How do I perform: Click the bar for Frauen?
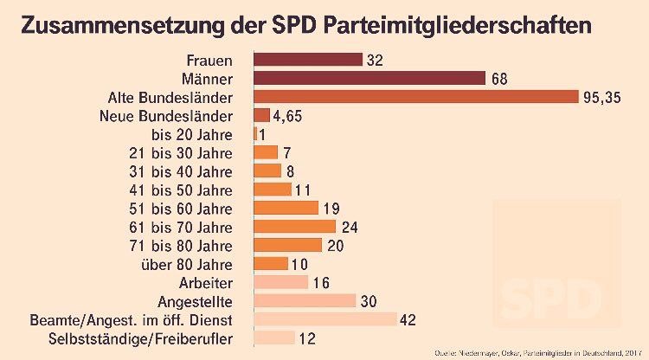click(307, 60)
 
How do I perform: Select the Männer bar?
click(369, 79)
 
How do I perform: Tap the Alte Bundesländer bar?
click(415, 97)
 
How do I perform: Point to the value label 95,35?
click(601, 97)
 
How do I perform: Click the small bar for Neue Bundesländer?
click(261, 115)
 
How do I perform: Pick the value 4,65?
click(287, 115)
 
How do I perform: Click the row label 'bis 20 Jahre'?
click(192, 134)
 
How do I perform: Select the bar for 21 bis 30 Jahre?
click(266, 152)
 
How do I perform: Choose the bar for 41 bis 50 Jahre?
click(272, 190)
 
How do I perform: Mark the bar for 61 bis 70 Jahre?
click(294, 227)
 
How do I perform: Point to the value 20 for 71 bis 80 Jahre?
click(335, 245)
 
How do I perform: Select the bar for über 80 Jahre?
click(270, 263)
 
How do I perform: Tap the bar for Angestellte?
click(304, 300)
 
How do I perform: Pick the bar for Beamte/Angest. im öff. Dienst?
click(324, 319)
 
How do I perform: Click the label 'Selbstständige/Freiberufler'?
click(141, 338)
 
